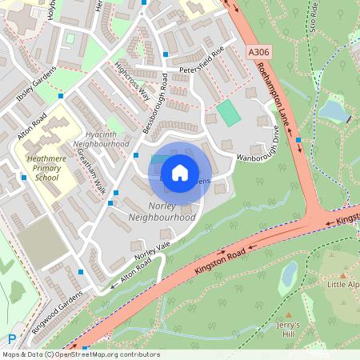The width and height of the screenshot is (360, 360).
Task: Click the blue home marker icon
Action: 180,173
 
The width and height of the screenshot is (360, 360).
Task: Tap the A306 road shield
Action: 258,52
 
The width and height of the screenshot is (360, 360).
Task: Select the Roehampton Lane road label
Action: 274,97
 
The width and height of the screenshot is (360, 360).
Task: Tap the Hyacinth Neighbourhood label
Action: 102,138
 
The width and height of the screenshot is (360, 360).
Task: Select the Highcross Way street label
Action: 133,82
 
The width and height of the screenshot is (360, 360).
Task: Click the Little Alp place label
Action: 342,283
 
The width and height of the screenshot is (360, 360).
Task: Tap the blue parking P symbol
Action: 11,339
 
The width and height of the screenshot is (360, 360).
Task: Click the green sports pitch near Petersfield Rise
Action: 229,112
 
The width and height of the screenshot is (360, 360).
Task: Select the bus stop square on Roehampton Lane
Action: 298,140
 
